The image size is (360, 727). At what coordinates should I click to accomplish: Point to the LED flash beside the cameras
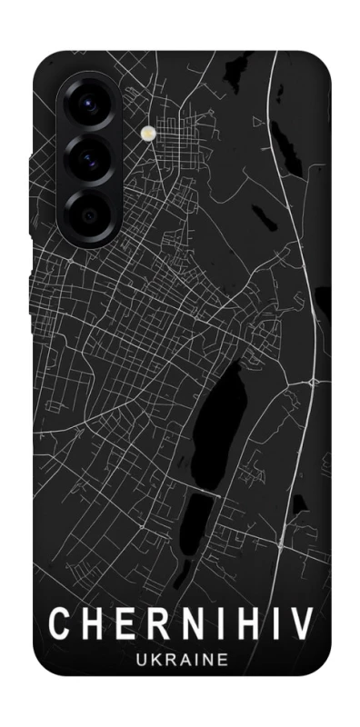point(149,132)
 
